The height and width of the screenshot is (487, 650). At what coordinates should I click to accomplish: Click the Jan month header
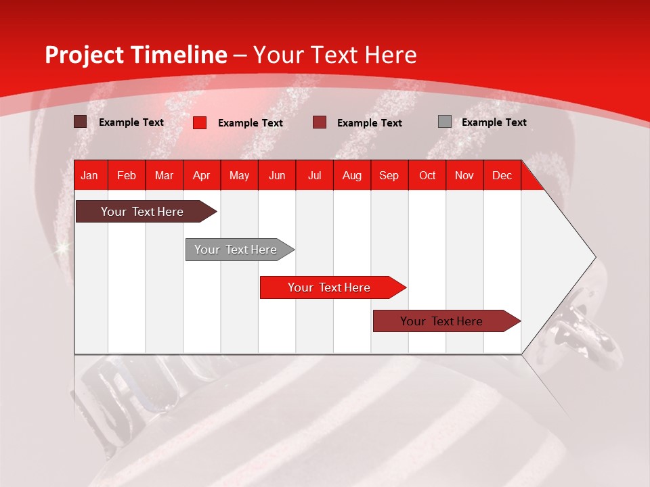89,175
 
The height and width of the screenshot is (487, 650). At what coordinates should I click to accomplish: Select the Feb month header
127,175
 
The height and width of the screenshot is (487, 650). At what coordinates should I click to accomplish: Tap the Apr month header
201,175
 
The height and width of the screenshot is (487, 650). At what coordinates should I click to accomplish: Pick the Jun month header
277,175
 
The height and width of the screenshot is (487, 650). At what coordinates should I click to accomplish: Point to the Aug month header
351,175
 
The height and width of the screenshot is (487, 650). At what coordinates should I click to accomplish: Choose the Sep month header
389,175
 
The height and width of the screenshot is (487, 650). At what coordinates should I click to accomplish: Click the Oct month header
427,175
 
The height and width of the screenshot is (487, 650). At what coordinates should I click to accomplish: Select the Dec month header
502,175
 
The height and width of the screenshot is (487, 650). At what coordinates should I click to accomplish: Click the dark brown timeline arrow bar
142,212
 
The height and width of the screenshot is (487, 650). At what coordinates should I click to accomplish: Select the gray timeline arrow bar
236,250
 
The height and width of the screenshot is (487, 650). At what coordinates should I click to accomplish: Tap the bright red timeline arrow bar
329,287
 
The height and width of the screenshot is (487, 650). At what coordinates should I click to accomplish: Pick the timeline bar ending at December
441,321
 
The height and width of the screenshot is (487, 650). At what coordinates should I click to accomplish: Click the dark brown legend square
81,122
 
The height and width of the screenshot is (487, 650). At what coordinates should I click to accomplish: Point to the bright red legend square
200,122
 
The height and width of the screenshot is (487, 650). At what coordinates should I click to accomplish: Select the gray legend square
445,122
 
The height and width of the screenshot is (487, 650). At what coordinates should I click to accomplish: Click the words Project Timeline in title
135,55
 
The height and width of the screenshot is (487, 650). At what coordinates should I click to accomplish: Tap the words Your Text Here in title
335,55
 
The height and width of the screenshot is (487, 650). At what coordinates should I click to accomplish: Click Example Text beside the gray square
494,122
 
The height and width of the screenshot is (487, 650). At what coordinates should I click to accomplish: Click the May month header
239,175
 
